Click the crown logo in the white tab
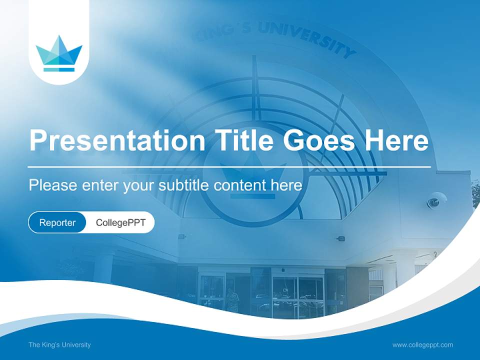pos(59,53)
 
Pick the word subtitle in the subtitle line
pos(184,185)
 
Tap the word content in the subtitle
pos(240,185)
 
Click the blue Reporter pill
pos(57,222)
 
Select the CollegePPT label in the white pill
pos(120,222)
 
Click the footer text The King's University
pos(59,344)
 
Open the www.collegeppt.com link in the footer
pos(422,344)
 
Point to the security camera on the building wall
pos(435,200)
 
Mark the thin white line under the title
pos(229,166)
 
